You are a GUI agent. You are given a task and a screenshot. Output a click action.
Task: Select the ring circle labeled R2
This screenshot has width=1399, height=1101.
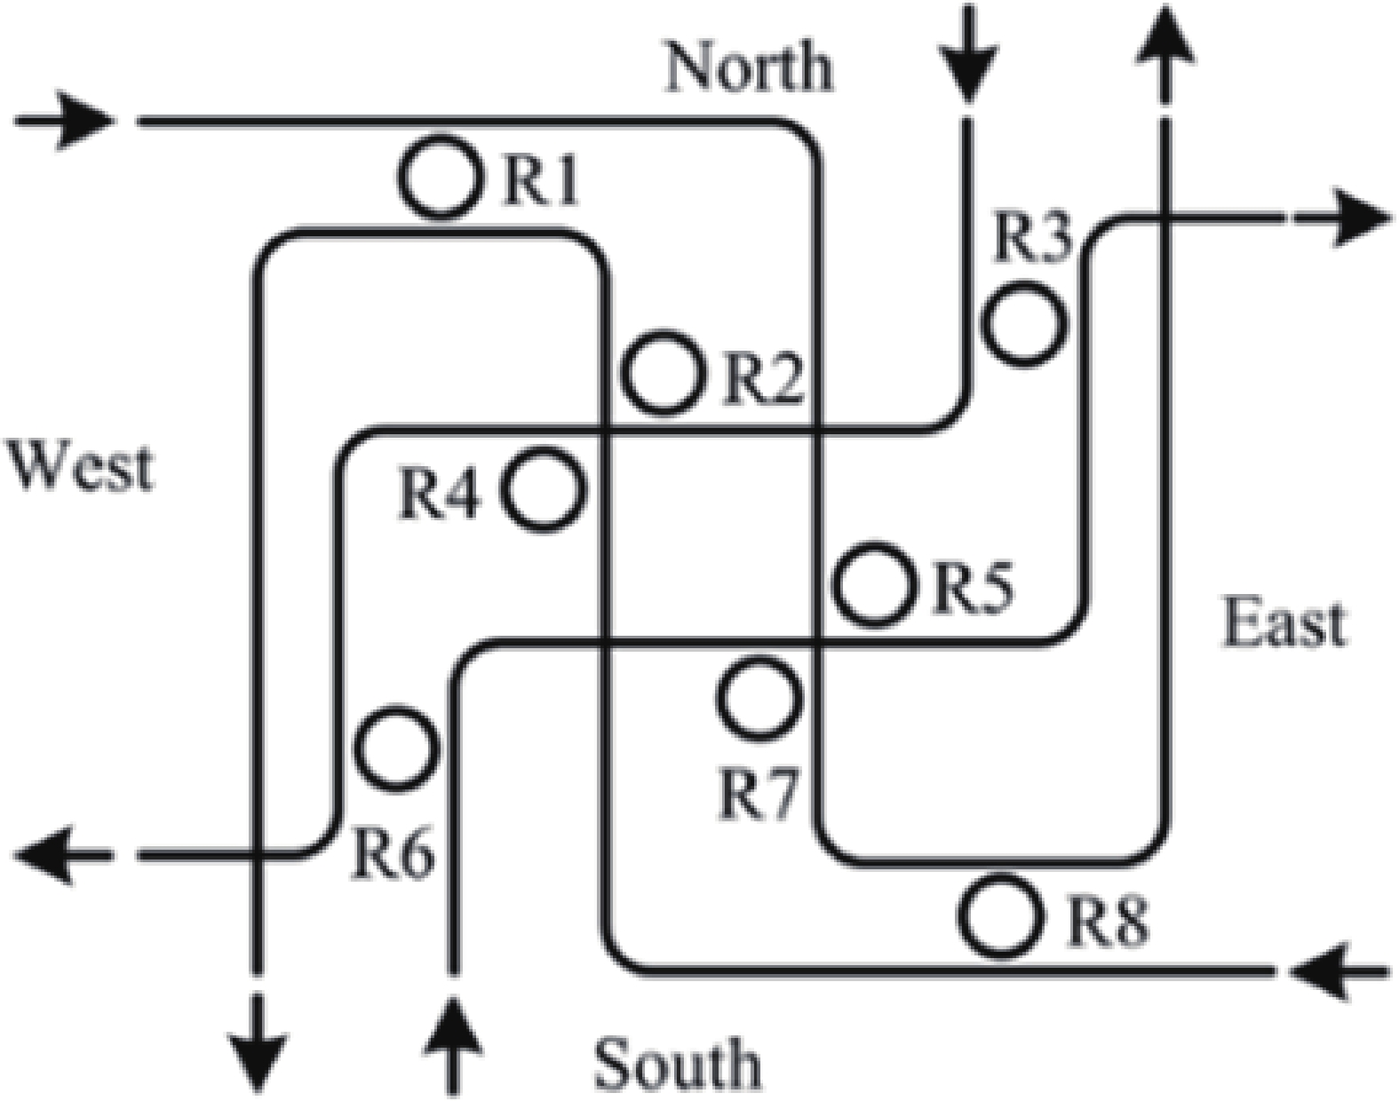(663, 373)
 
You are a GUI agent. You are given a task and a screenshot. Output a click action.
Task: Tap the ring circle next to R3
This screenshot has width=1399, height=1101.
(1024, 323)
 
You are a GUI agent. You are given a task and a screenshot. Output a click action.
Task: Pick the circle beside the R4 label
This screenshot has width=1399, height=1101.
(544, 490)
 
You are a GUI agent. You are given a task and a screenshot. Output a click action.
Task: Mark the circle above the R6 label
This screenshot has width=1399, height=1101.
(396, 748)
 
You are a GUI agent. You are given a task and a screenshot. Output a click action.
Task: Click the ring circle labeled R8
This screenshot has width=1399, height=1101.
(1001, 916)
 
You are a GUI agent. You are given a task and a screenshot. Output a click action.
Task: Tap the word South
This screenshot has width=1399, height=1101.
(677, 1063)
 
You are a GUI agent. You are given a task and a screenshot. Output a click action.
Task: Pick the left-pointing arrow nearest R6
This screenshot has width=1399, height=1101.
(62, 856)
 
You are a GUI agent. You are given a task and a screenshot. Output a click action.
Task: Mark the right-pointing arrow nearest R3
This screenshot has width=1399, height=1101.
(1341, 217)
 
